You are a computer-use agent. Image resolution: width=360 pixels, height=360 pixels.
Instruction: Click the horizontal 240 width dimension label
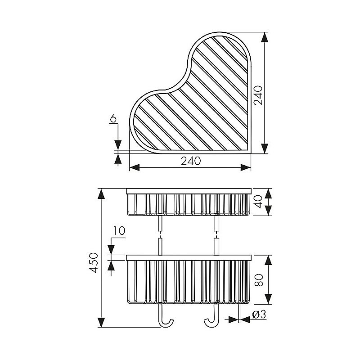[x=191, y=161]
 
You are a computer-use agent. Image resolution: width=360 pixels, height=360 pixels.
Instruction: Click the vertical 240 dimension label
[x=258, y=95]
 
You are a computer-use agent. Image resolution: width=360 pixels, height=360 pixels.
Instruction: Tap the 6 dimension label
[x=113, y=119]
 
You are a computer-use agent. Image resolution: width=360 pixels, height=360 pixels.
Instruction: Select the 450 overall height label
[x=94, y=263]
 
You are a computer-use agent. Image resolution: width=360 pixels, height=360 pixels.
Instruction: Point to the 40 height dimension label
[x=259, y=202]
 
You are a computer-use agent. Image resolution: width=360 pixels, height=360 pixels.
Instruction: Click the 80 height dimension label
[x=259, y=280]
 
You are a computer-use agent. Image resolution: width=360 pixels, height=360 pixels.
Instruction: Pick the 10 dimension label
[x=119, y=231]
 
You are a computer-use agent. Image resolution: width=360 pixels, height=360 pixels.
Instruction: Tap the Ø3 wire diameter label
[x=259, y=314]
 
